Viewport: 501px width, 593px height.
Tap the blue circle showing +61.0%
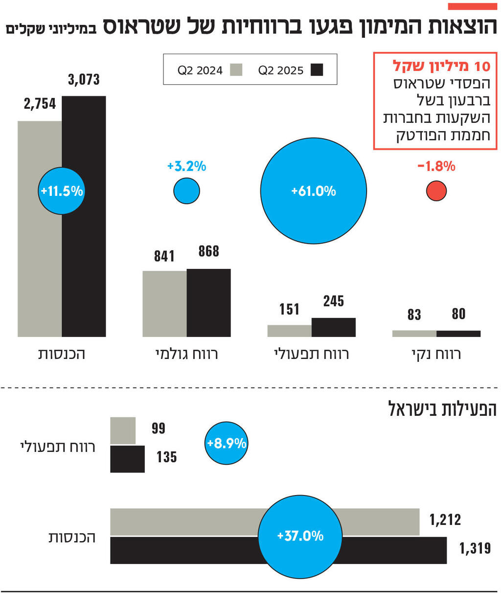(x=313, y=191)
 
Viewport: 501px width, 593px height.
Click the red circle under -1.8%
(x=436, y=191)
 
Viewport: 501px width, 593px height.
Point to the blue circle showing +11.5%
(x=62, y=191)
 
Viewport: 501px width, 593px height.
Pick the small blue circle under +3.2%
(x=186, y=191)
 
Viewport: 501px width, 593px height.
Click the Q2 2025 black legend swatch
(x=317, y=70)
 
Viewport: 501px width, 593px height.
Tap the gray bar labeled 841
(x=164, y=304)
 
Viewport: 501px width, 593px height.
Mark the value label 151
(x=289, y=309)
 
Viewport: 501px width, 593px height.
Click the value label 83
(x=414, y=315)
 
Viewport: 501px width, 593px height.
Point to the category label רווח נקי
(x=436, y=354)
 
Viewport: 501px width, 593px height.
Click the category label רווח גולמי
(x=186, y=354)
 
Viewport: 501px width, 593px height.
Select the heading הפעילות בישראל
(x=442, y=409)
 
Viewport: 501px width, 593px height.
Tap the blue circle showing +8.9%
(x=227, y=444)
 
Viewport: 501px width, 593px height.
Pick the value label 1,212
(x=445, y=520)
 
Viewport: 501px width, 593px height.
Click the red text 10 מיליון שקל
(x=441, y=66)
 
